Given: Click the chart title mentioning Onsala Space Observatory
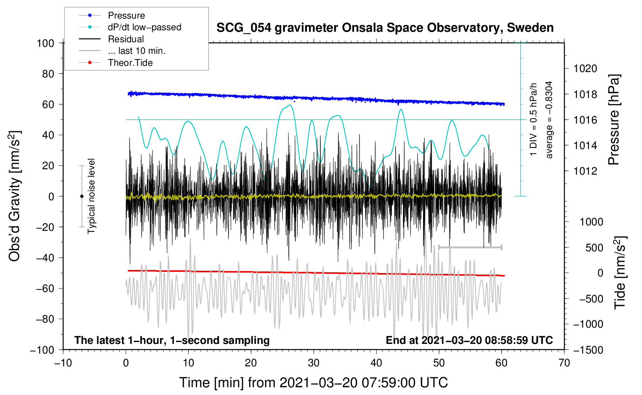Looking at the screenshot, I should click(x=385, y=28).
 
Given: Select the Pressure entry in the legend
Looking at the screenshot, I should click(x=126, y=15).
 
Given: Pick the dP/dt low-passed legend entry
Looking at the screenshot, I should click(x=144, y=27).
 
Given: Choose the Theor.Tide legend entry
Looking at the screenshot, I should click(x=130, y=63).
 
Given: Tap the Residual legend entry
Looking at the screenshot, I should click(x=126, y=39).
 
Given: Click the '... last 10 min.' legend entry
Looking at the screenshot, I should click(x=137, y=51).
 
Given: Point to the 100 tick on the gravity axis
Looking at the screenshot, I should click(x=46, y=43).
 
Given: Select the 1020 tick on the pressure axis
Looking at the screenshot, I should click(x=585, y=69).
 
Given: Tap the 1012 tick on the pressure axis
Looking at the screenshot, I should click(x=585, y=171).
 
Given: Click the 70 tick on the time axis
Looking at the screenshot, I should click(x=564, y=363).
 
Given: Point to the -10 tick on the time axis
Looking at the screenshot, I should click(x=63, y=363).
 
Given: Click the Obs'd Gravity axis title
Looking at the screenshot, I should click(x=14, y=196).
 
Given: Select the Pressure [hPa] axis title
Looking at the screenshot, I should click(x=614, y=120).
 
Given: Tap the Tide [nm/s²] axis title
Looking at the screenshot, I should click(x=620, y=273).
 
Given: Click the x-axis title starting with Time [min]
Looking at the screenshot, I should click(x=314, y=383).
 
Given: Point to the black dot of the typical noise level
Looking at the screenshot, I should click(x=82, y=196).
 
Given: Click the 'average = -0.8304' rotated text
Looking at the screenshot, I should click(x=549, y=120).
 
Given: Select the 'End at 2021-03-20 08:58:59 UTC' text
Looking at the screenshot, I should click(x=469, y=340).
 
